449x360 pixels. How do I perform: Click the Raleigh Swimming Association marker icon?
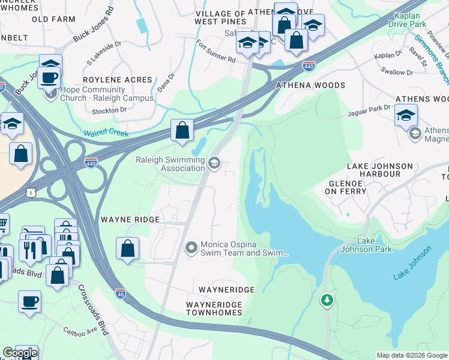point(214,163)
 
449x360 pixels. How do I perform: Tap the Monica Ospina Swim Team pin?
point(191,247)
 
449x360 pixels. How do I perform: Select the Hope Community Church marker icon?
point(50,94)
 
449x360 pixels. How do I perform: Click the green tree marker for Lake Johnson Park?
point(327,299)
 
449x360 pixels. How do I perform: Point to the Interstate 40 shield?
point(121,293)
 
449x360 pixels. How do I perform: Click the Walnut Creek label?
point(106,133)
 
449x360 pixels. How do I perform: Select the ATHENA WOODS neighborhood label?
point(310,86)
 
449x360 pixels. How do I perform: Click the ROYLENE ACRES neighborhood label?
point(118,80)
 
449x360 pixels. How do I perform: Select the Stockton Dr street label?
point(110,110)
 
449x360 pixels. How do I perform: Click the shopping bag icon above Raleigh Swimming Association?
point(182,130)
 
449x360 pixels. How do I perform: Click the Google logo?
point(19,353)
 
